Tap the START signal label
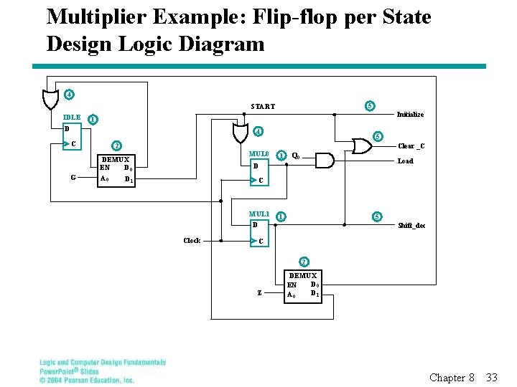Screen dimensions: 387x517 point(263,107)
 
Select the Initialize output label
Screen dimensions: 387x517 point(410,115)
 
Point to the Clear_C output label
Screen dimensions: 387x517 point(411,147)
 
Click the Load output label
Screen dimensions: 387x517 point(405,161)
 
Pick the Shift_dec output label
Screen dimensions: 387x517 point(411,226)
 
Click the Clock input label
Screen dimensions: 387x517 point(192,241)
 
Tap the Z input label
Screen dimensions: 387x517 point(259,292)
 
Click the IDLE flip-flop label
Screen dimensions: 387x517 point(72,118)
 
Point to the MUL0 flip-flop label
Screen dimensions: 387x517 point(258,154)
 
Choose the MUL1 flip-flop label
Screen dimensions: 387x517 point(258,214)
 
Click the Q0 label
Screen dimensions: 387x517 point(296,156)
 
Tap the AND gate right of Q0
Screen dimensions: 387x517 point(325,160)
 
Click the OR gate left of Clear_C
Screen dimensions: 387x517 point(360,146)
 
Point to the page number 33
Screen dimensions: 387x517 point(492,377)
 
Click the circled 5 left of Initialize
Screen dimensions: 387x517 point(369,106)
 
